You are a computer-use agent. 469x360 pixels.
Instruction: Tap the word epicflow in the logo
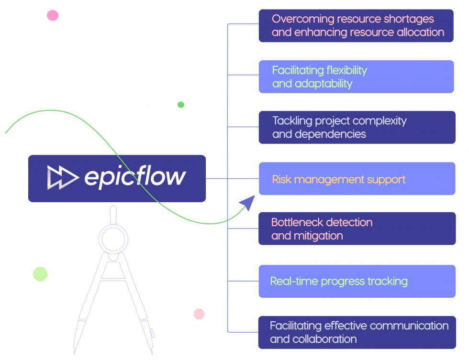[x=135, y=177]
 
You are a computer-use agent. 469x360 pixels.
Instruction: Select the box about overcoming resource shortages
[x=356, y=26]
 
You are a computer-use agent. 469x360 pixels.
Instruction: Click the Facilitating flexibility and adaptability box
[x=356, y=76]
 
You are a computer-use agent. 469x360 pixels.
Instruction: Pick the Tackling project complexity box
[x=357, y=127]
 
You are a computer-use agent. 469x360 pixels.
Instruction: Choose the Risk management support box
[x=357, y=179]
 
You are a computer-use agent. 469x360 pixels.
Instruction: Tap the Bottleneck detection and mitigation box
[x=357, y=229]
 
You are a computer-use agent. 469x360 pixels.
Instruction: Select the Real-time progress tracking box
[x=357, y=281]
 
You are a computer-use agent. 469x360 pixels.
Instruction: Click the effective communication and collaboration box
[x=357, y=332]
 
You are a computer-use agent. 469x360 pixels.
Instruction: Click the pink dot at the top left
[x=53, y=15]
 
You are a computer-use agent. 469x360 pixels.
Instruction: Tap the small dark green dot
[x=181, y=105]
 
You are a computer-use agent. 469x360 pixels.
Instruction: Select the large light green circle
[x=40, y=274]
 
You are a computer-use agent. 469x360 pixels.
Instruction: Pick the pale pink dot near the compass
[x=199, y=314]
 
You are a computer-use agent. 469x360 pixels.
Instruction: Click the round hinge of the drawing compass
[x=113, y=238]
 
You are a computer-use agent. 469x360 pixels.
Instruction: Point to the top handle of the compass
[x=113, y=213]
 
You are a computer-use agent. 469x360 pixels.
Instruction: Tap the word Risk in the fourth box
[x=281, y=180]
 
